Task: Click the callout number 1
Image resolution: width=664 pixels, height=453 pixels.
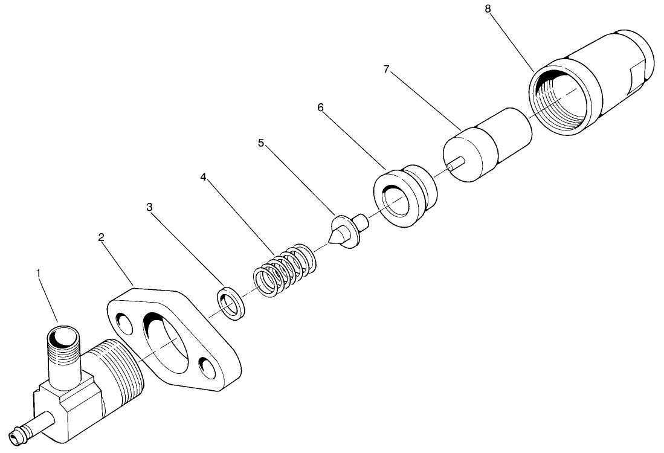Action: tap(39, 274)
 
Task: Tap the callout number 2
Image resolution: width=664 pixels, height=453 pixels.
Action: tap(102, 237)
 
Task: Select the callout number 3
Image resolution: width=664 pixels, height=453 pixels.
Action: tap(149, 207)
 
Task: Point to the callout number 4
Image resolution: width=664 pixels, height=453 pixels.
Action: tap(204, 178)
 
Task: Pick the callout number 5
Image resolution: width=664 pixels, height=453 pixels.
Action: tap(261, 143)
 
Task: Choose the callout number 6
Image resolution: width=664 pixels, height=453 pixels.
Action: tap(320, 108)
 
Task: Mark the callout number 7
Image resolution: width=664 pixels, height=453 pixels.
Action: tap(386, 69)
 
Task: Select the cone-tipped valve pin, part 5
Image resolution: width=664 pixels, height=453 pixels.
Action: tap(345, 230)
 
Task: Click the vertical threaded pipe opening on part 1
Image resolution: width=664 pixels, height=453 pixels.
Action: tap(63, 336)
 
